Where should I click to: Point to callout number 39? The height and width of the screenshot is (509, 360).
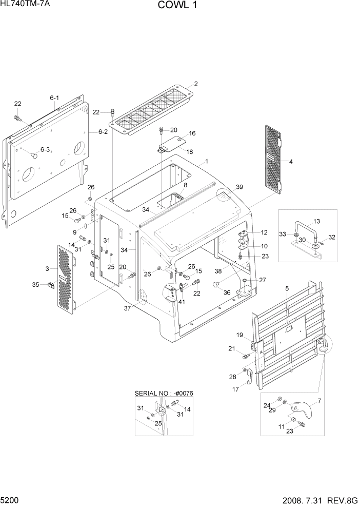pyautogui.click(x=239, y=187)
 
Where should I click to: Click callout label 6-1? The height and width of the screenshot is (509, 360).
pyautogui.click(x=54, y=98)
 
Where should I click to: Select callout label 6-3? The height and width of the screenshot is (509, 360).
pyautogui.click(x=45, y=149)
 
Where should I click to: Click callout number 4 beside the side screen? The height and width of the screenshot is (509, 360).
pyautogui.click(x=291, y=162)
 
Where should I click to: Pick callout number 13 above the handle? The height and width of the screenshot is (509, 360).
pyautogui.click(x=316, y=221)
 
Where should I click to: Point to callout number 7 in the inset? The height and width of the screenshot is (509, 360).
pyautogui.click(x=319, y=401)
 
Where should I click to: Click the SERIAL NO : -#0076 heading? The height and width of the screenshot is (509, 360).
pyautogui.click(x=164, y=393)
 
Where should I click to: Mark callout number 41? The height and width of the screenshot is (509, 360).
pyautogui.click(x=182, y=302)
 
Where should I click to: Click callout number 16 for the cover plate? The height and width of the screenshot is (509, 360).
pyautogui.click(x=193, y=133)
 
